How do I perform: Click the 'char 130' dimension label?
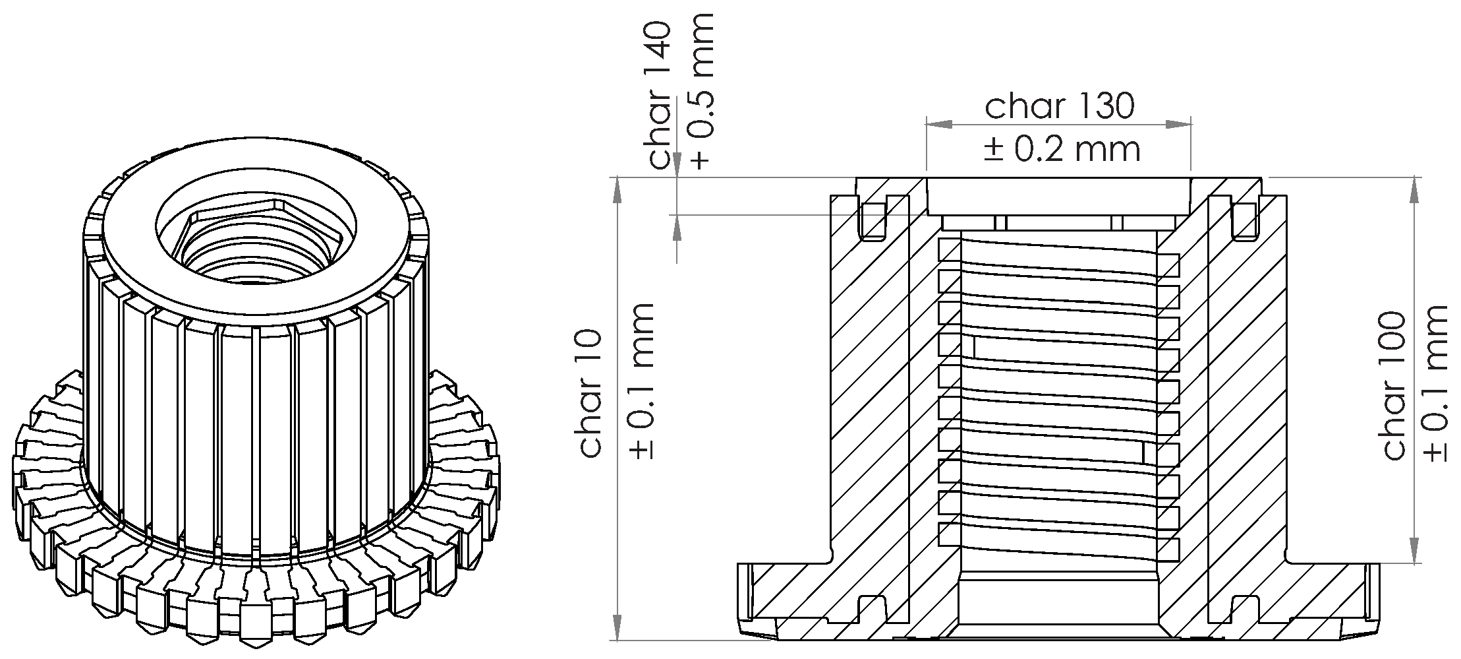[1059, 106]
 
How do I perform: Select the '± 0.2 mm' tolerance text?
[1062, 150]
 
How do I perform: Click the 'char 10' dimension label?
[591, 394]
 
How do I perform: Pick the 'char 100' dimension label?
[1394, 386]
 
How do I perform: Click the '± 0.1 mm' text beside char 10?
[641, 381]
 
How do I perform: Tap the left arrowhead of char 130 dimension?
[939, 124]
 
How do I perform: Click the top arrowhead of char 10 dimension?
[617, 191]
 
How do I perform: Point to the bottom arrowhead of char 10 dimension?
[617, 627]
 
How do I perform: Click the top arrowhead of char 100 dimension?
[1414, 191]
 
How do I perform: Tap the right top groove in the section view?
[1244, 222]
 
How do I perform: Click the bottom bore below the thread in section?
[1058, 604]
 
